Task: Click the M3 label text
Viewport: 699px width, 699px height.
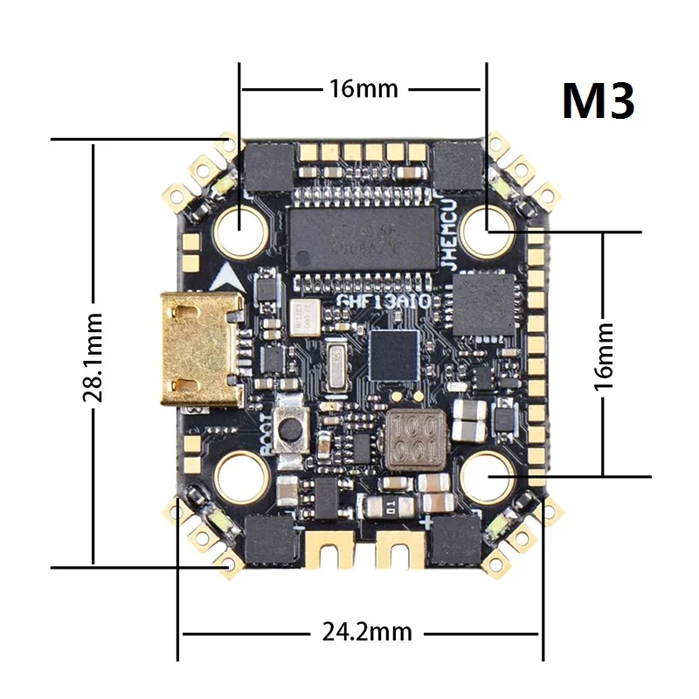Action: click(x=598, y=101)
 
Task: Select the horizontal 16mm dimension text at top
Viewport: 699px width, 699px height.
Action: click(x=363, y=88)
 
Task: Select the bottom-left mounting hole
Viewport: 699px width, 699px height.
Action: click(x=241, y=476)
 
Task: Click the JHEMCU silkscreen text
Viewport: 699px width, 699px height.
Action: click(x=448, y=249)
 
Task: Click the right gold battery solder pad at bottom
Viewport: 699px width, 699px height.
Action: click(x=399, y=549)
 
